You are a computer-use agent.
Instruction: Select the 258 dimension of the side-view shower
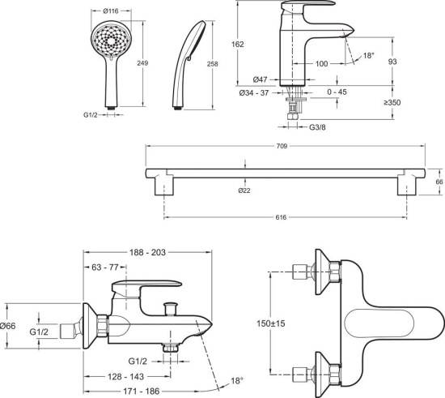coord(213,62)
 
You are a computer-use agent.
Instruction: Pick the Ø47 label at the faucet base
coord(261,79)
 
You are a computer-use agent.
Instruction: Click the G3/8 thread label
coord(320,127)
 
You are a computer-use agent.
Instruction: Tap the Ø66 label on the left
coord(7,326)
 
